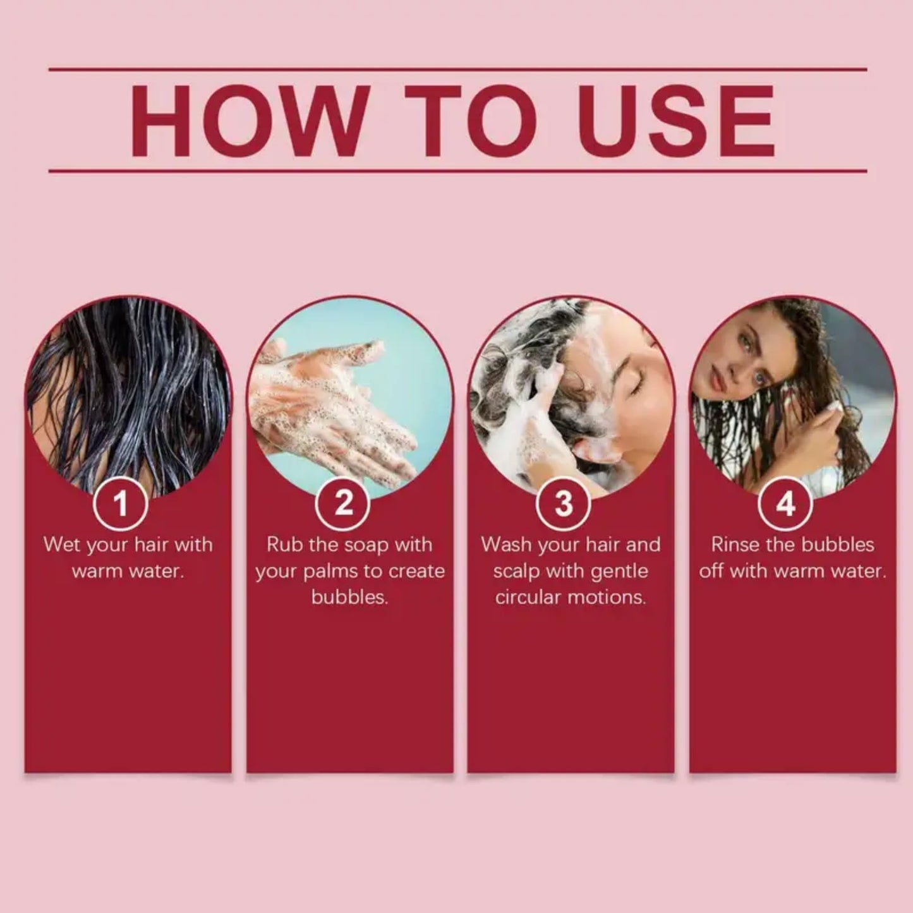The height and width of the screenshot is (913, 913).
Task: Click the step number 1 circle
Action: tap(120, 504)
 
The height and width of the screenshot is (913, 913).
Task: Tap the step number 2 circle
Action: tap(343, 504)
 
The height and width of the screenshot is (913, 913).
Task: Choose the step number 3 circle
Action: tap(564, 504)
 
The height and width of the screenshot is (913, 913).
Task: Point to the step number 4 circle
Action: tap(785, 504)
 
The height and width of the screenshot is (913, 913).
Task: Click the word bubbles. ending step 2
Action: tap(349, 597)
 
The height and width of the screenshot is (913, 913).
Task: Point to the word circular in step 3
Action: tap(527, 597)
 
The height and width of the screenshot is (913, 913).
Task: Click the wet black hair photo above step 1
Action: tap(126, 392)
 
